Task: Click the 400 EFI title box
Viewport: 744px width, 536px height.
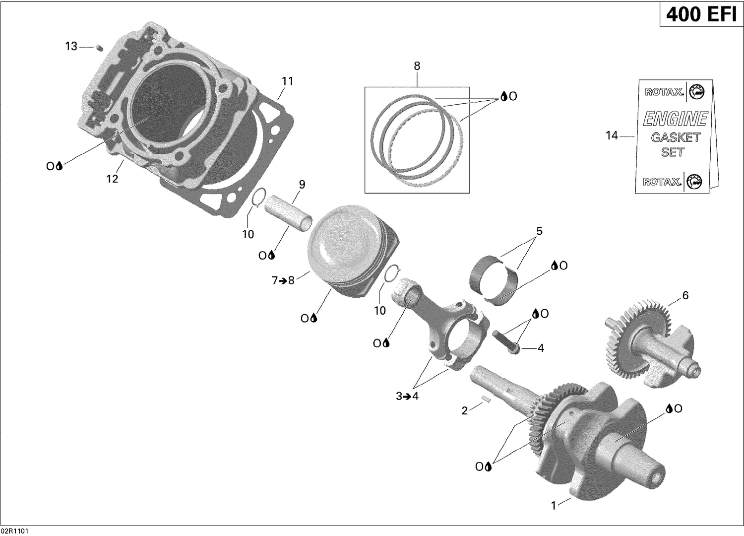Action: click(700, 15)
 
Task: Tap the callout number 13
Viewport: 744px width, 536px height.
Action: click(71, 46)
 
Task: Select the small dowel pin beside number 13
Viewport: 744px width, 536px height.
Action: click(99, 48)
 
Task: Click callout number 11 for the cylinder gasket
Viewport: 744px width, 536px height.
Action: click(288, 81)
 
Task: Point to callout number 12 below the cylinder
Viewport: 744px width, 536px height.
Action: click(113, 179)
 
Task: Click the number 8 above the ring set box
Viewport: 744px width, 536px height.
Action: click(417, 66)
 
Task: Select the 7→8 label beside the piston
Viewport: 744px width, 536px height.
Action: click(283, 280)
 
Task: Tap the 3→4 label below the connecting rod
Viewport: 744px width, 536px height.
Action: click(407, 396)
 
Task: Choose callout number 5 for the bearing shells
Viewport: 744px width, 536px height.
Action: click(539, 231)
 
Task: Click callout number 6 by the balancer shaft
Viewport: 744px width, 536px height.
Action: click(685, 296)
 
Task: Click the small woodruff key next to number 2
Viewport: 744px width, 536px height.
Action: click(486, 400)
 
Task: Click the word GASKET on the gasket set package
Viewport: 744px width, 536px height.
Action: click(675, 137)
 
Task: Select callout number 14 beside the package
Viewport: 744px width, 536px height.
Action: click(612, 135)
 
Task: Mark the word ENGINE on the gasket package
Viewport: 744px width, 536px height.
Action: click(675, 119)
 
